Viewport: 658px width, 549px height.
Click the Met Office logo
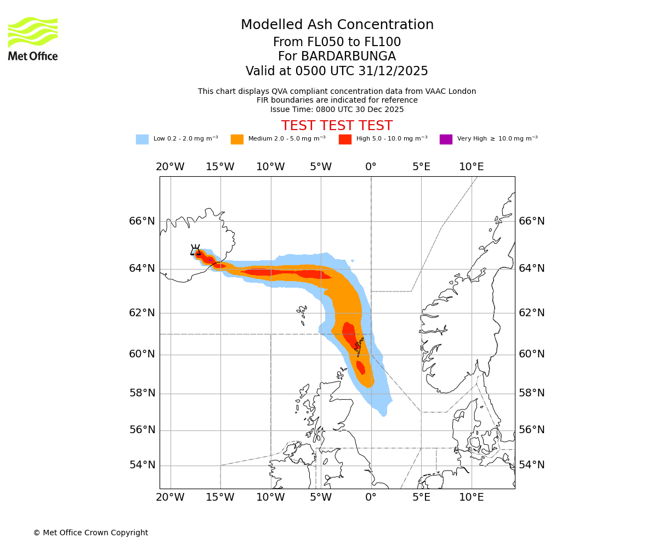(33, 38)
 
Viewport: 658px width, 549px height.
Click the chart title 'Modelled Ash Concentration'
(337, 25)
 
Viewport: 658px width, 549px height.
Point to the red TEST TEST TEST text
(337, 126)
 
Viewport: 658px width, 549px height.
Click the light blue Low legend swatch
(142, 139)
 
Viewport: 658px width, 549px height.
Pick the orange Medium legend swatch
(237, 139)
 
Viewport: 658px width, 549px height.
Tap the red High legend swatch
(345, 139)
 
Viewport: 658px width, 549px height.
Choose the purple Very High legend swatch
(446, 139)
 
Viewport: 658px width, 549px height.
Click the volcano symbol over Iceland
(195, 250)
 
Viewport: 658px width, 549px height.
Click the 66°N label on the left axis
(142, 221)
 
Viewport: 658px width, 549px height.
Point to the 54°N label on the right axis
(532, 465)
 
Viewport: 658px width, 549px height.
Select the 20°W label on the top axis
(170, 167)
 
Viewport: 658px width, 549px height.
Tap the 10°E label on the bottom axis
(471, 497)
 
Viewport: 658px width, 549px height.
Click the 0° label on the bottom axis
(371, 497)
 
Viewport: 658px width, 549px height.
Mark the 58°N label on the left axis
(142, 393)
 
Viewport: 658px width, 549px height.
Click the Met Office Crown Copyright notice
(90, 533)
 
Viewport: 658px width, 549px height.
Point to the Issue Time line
(337, 110)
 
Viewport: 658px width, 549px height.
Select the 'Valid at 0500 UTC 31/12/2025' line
(337, 71)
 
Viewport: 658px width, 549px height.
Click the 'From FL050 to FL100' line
(337, 42)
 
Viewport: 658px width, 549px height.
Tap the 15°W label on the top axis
(220, 167)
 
